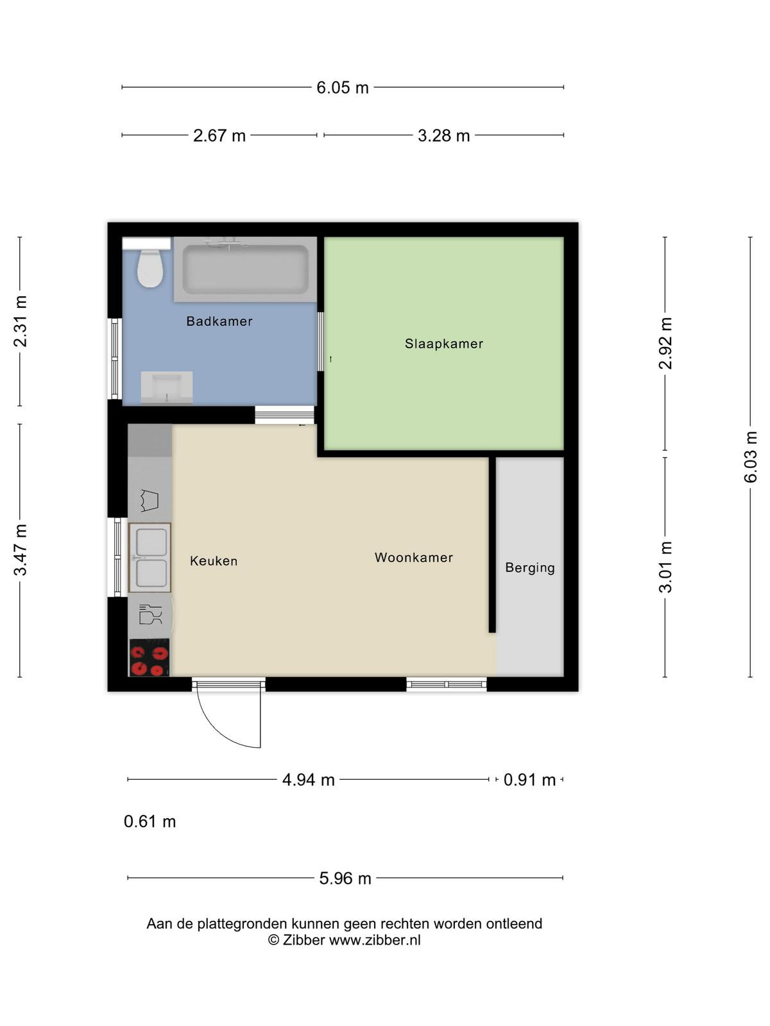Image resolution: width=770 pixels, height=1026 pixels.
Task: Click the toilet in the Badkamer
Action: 150,268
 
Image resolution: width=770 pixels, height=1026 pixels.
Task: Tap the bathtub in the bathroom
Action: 245,269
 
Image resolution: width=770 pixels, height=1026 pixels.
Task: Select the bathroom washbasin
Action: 166,387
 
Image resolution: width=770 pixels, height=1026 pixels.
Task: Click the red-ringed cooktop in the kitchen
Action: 149,657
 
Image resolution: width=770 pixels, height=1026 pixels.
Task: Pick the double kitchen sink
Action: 150,558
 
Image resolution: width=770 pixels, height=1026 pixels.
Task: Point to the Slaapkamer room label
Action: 443,344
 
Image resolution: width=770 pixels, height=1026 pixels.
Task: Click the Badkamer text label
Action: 219,321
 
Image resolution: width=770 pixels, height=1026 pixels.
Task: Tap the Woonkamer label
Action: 414,557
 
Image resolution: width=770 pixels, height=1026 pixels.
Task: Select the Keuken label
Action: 214,561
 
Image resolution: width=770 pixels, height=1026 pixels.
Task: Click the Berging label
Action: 530,568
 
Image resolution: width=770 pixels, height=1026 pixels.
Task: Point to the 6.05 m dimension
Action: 343,87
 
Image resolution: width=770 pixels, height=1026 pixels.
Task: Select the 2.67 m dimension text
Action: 219,135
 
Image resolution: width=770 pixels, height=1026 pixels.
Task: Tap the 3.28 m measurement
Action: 443,135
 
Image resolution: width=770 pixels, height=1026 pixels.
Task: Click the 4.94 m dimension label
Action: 309,780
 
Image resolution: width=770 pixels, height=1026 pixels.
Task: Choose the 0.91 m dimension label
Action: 529,780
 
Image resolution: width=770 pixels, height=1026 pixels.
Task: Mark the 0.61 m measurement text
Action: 150,821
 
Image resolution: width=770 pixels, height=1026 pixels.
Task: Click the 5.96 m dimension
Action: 345,879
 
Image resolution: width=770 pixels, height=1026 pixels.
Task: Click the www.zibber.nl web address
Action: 375,939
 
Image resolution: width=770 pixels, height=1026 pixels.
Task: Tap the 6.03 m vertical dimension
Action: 750,457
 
